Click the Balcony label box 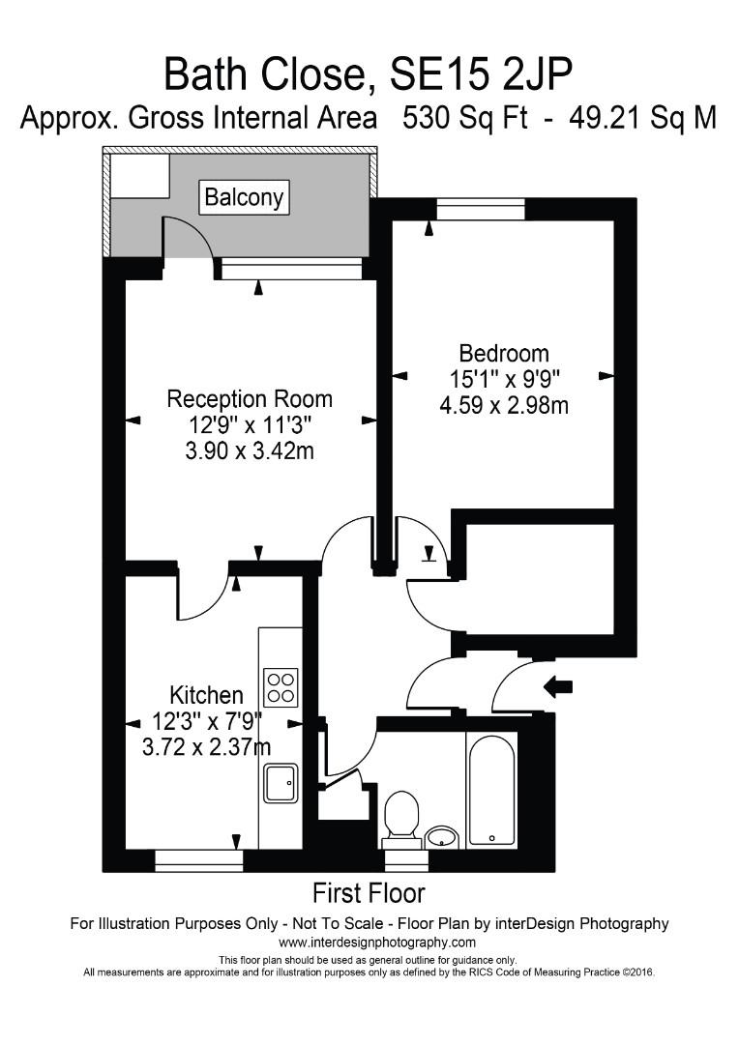[x=245, y=197]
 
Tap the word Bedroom [x=504, y=353]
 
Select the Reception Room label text [x=250, y=399]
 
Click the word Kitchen [x=207, y=695]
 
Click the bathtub [x=490, y=791]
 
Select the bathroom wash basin [x=441, y=836]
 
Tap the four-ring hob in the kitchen [x=281, y=687]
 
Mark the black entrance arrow [x=558, y=686]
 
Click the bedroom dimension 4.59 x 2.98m [x=504, y=405]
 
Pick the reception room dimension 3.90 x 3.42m [x=250, y=451]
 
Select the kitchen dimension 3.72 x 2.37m [x=207, y=747]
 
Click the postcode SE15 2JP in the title [x=480, y=74]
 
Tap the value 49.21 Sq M [x=643, y=119]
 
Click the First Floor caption [x=369, y=893]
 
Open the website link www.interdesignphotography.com [x=377, y=942]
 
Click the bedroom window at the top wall [x=481, y=209]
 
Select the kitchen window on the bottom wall [x=198, y=861]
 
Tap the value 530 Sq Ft [x=465, y=119]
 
